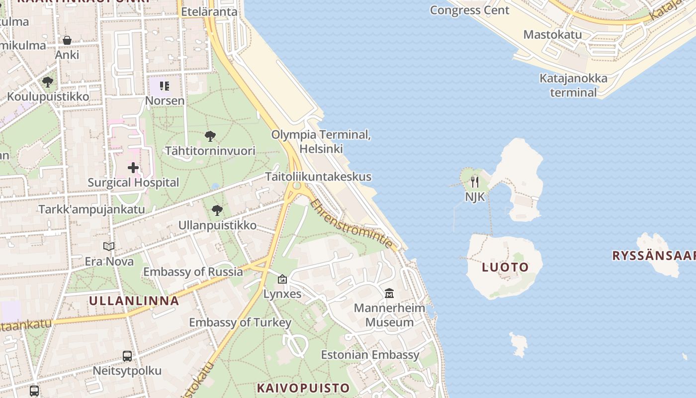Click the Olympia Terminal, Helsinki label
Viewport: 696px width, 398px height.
point(321,142)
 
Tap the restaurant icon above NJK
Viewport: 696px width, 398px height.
point(475,182)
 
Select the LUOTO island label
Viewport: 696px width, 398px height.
point(505,267)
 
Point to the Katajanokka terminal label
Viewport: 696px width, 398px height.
point(573,86)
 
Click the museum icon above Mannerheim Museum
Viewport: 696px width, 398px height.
point(389,294)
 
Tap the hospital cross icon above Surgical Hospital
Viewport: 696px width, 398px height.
point(133,168)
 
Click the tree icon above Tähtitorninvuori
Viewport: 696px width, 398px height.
point(210,136)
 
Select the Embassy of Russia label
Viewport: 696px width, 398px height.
point(193,272)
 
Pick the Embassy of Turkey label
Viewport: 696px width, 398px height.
point(240,322)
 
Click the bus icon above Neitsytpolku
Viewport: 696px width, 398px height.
point(127,356)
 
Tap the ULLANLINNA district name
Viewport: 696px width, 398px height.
point(134,300)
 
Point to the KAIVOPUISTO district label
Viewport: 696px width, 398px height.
point(303,388)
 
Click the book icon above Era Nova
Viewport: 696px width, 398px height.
point(109,247)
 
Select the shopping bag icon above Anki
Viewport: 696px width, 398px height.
point(67,40)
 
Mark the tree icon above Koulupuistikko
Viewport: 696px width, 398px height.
point(48,82)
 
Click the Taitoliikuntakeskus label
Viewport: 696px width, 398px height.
point(318,177)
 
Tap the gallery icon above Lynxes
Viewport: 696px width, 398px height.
point(282,280)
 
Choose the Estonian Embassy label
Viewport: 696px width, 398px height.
point(370,355)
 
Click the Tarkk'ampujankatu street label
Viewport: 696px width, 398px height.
point(92,209)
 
